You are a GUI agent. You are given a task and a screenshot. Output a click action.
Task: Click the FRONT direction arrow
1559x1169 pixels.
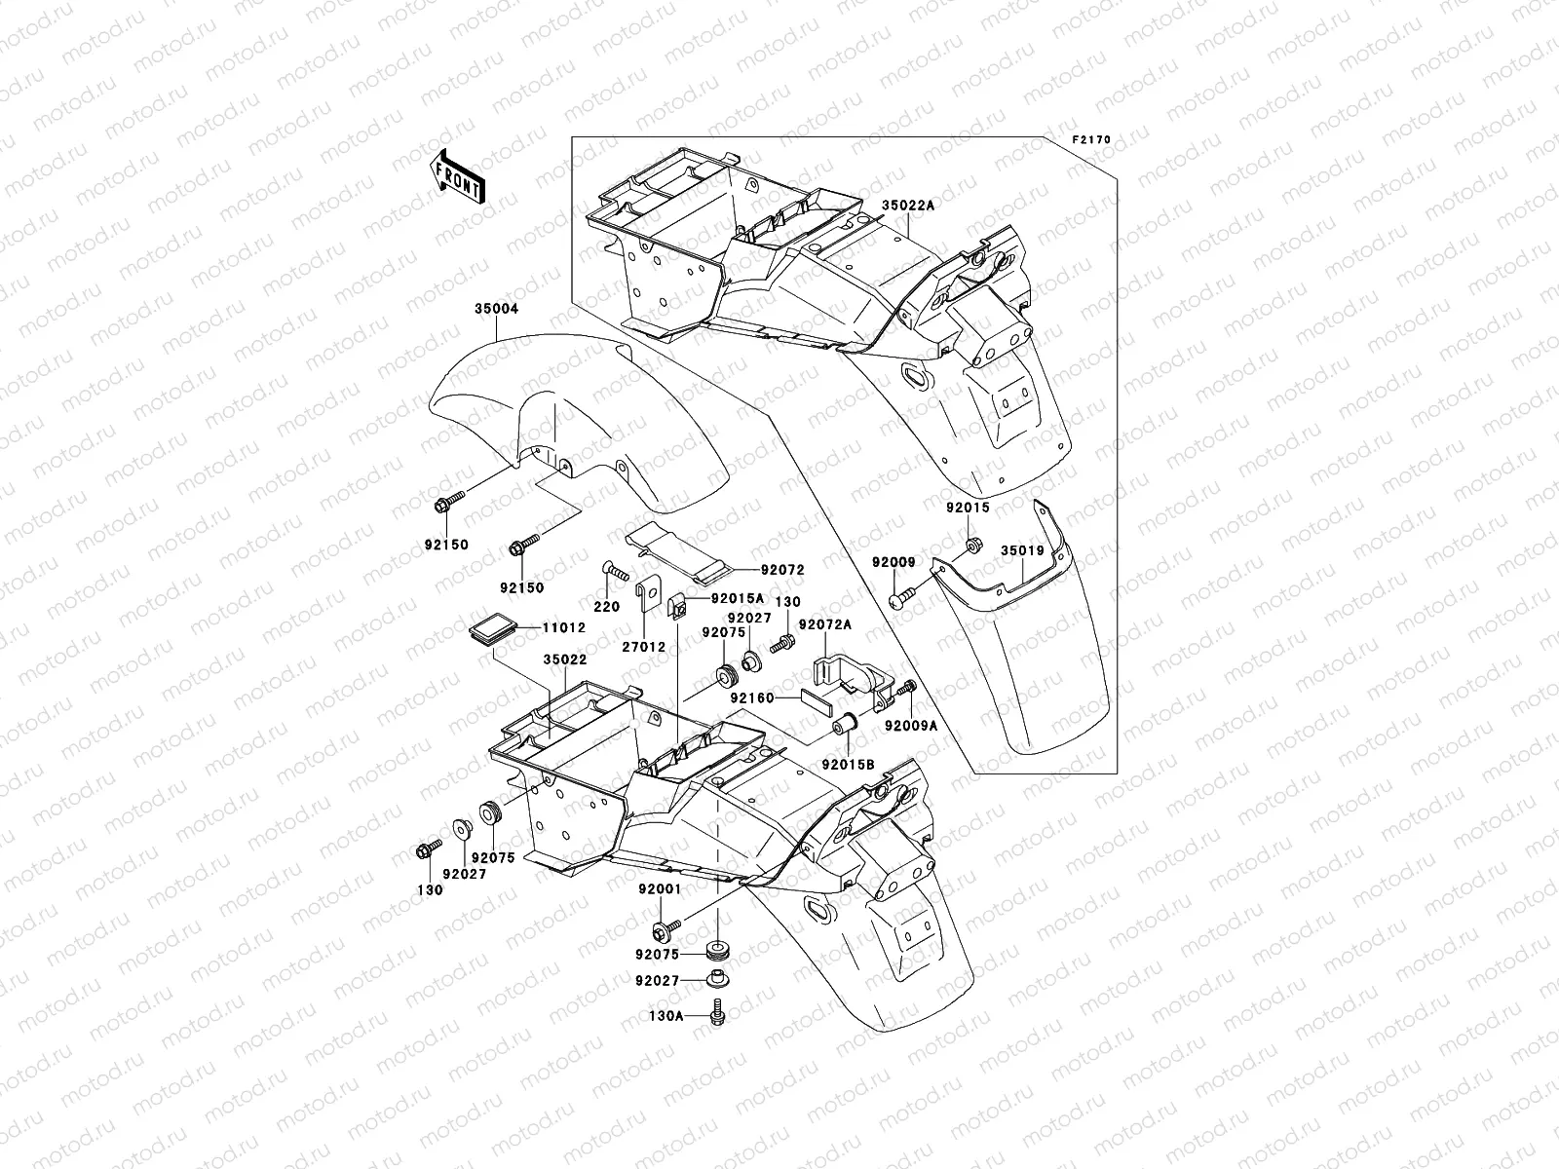coord(457,175)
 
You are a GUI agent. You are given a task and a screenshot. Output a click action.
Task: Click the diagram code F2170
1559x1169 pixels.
coord(1091,139)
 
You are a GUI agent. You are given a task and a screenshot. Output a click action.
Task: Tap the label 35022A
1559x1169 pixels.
coord(908,207)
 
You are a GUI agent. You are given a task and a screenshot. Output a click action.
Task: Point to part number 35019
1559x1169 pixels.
coord(1022,550)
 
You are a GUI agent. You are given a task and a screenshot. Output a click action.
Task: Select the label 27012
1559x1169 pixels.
coord(644,647)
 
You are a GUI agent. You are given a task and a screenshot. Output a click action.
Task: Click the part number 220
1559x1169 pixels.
coord(607,606)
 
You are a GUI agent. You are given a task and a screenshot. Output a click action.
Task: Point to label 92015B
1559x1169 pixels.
coord(846,765)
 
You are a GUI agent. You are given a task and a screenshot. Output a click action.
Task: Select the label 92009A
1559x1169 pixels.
coord(911,726)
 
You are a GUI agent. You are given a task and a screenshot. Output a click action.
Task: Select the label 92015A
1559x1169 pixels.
coord(737,599)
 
